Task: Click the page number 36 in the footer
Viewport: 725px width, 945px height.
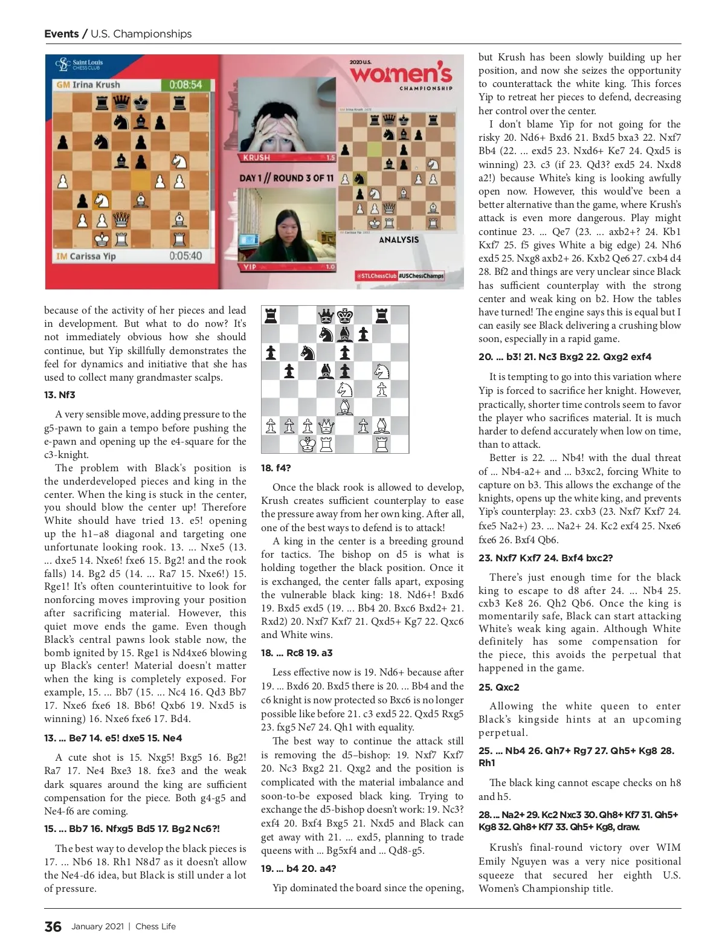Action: coord(53,926)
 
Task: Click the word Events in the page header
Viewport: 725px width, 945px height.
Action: coord(61,34)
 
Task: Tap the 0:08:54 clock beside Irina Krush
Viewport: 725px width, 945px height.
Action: coord(185,85)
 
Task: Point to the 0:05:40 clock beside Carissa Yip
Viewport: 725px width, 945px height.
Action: coord(185,256)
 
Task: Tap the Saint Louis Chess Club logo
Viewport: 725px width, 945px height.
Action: coord(79,65)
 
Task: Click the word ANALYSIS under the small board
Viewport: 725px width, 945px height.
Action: coord(399,240)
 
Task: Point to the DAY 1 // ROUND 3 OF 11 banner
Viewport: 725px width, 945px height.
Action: coord(286,178)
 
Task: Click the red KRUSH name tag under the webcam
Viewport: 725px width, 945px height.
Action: coord(257,158)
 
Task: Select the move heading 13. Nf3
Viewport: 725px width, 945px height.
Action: coord(59,395)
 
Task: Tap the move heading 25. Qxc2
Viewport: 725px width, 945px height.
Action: coord(498,687)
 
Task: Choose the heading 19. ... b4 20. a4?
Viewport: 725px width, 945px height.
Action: coord(298,868)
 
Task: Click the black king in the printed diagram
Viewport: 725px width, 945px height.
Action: coord(345,315)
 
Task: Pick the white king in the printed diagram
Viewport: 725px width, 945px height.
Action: coord(308,445)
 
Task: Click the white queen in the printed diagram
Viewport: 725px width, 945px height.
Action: coord(326,427)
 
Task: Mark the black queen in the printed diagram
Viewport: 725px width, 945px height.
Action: coord(326,315)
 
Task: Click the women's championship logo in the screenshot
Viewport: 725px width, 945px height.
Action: coord(401,76)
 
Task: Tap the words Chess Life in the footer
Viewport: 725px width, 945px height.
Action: coord(155,926)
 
